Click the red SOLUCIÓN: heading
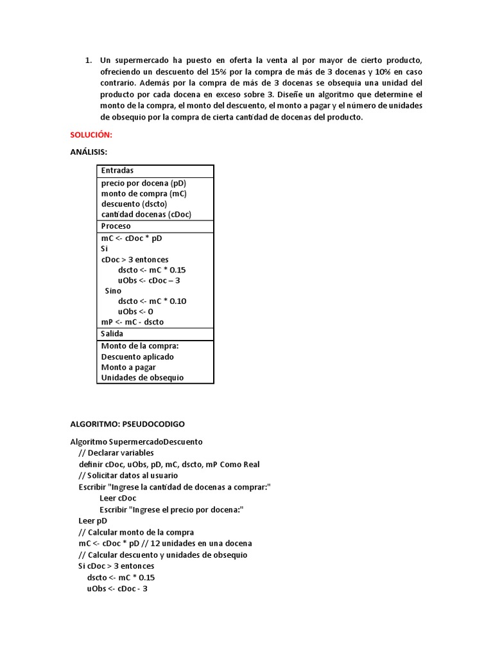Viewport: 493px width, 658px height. click(91, 135)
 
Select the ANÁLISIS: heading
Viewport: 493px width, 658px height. click(89, 152)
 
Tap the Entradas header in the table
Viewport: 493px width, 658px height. click(117, 171)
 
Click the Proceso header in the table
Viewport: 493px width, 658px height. click(116, 226)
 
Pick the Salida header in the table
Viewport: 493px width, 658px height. click(112, 333)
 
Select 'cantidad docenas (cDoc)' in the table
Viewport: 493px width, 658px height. click(146, 215)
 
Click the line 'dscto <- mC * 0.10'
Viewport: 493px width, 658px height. click(152, 301)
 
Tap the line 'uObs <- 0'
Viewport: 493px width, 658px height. click(135, 312)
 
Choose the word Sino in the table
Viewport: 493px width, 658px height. click(113, 290)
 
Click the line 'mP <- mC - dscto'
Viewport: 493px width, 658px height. click(132, 322)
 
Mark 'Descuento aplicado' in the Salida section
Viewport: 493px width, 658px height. click(137, 357)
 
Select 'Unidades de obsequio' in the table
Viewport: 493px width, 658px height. click(142, 378)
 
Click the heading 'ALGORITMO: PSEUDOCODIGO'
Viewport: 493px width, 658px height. click(127, 424)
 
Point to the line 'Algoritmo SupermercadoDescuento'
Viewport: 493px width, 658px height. click(136, 442)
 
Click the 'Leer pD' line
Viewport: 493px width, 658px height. click(93, 521)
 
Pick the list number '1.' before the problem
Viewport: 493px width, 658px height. click(89, 60)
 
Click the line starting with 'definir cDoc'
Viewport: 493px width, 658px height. click(169, 464)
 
